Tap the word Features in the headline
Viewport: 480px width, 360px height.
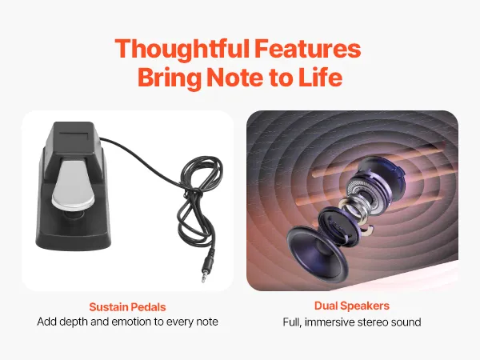coord(308,48)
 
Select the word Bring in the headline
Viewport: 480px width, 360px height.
coord(170,78)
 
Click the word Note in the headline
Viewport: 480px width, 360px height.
coord(235,77)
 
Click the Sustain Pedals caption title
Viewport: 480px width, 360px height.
coord(127,306)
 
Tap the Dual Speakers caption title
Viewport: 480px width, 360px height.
coord(352,306)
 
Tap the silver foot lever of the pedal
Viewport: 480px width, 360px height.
coord(72,184)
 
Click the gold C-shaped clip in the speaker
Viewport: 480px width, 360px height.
coord(367,230)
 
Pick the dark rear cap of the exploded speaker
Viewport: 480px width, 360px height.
coord(382,174)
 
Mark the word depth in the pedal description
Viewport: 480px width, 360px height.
coord(74,322)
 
